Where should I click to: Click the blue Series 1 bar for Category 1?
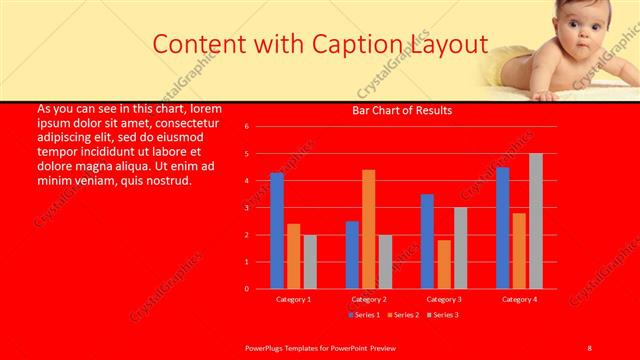tap(277, 231)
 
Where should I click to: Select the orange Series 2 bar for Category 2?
tap(368, 229)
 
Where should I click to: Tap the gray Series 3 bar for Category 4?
tap(535, 221)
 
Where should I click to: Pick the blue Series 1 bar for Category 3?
tap(427, 241)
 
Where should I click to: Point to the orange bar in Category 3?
tap(444, 264)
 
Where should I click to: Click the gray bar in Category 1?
tap(310, 262)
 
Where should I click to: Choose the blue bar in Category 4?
tap(502, 228)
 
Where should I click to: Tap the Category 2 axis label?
tap(368, 299)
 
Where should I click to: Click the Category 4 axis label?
tap(519, 299)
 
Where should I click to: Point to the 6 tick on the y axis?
tap(260, 127)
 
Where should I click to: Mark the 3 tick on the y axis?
tap(260, 208)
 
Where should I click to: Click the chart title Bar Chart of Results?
tap(403, 110)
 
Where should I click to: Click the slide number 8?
tap(590, 346)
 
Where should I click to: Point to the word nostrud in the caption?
tap(161, 181)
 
